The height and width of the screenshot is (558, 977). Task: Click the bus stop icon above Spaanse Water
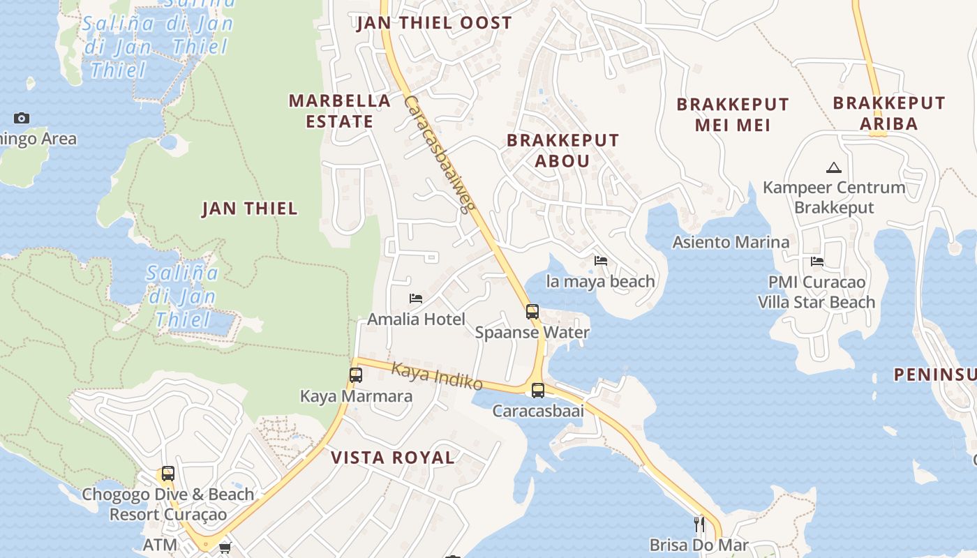tap(532, 311)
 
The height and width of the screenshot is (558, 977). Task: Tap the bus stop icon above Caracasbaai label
tap(537, 390)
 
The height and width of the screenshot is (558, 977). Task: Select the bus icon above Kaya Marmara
tap(355, 375)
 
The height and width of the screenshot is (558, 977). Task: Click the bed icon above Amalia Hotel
tap(416, 299)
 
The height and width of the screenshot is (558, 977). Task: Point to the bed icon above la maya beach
tap(601, 261)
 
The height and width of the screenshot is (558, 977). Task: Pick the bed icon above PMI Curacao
tap(817, 262)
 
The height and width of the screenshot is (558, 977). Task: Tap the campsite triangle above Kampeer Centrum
tap(833, 167)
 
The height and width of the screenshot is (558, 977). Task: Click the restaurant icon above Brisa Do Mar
tap(698, 524)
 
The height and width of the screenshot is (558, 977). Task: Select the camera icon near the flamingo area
tap(22, 118)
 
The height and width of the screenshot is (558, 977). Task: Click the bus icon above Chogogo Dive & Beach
tap(167, 474)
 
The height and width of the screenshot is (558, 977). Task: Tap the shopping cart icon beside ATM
tap(225, 548)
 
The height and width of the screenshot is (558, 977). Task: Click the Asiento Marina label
tap(731, 242)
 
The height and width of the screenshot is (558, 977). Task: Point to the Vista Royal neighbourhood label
tap(392, 458)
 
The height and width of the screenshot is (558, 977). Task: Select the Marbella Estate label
tap(340, 111)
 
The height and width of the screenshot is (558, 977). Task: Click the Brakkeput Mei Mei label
tap(733, 114)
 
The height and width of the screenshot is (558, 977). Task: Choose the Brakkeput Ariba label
tap(888, 113)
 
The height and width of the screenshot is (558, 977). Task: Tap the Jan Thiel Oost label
tap(434, 23)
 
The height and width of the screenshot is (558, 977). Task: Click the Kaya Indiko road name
tap(437, 376)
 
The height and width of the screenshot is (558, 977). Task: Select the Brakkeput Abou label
tap(562, 150)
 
